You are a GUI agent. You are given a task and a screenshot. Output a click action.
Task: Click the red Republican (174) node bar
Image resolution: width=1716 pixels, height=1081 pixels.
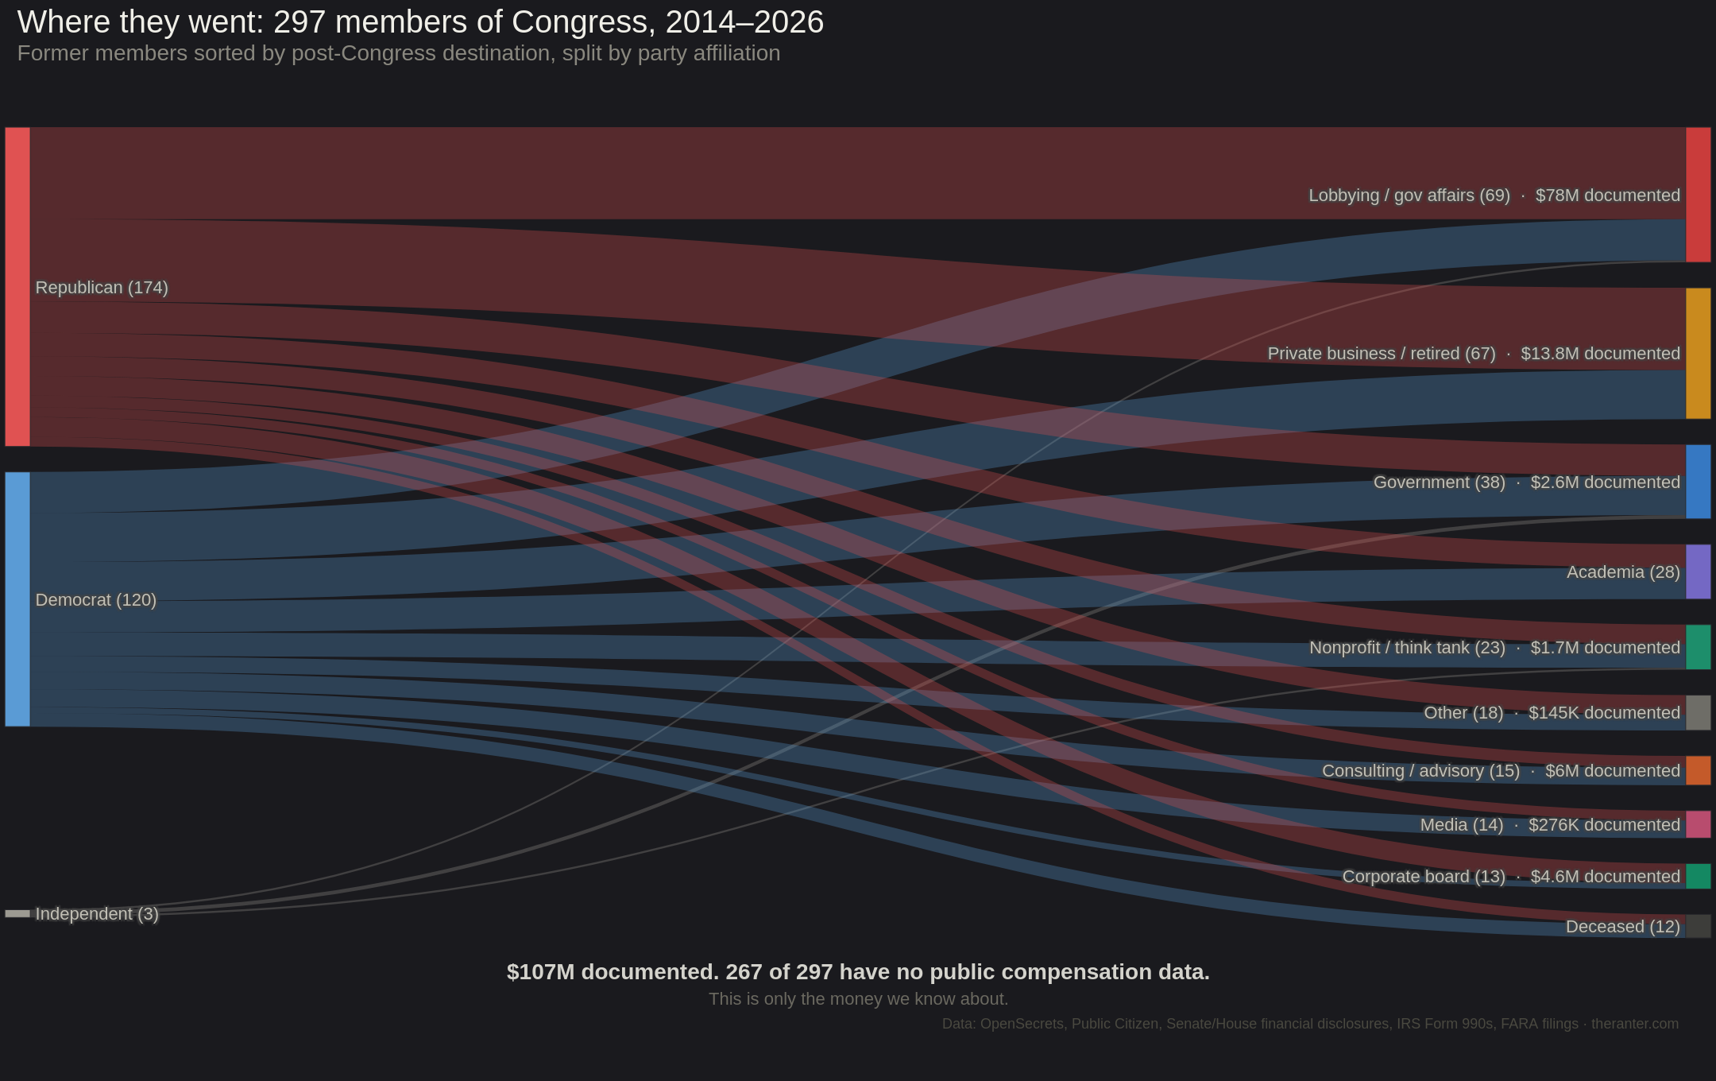click(x=17, y=286)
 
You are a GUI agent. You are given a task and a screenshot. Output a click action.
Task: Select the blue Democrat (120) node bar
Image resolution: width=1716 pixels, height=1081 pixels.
click(x=17, y=599)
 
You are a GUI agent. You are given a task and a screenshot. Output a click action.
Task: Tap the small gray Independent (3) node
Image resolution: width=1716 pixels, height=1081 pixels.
click(x=17, y=913)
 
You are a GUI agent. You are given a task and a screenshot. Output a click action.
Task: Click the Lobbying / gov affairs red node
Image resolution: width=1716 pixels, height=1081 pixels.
click(x=1698, y=195)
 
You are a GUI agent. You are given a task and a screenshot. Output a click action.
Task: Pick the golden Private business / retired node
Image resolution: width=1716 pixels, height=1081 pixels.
click(x=1698, y=353)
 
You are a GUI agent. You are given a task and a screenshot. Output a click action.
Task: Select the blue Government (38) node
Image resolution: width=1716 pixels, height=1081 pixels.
click(x=1698, y=482)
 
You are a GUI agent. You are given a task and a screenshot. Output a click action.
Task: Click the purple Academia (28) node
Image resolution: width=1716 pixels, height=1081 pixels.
click(x=1698, y=571)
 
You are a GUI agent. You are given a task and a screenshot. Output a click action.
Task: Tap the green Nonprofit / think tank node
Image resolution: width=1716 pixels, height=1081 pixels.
click(x=1698, y=647)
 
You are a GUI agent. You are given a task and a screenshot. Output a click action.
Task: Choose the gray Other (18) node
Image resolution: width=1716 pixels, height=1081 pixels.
click(x=1698, y=712)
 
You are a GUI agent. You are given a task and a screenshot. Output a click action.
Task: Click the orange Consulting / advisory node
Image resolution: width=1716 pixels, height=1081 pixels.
click(x=1698, y=770)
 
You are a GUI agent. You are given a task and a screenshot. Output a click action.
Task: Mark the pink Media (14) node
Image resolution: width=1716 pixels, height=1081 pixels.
click(x=1698, y=824)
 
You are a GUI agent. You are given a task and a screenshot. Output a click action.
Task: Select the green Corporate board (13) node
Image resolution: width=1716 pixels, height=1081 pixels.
click(x=1698, y=876)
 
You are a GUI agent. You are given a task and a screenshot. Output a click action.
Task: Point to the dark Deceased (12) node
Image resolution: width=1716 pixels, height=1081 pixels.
click(x=1698, y=926)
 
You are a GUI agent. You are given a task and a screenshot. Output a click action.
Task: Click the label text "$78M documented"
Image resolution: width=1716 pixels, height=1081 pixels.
click(x=1607, y=196)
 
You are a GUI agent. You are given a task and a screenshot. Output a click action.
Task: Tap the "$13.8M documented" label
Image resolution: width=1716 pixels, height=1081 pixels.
click(x=1600, y=354)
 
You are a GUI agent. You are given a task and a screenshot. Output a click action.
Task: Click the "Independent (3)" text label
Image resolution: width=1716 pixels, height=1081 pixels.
click(x=97, y=914)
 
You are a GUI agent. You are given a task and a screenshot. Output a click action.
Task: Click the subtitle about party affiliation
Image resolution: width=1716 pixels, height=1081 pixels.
click(x=398, y=53)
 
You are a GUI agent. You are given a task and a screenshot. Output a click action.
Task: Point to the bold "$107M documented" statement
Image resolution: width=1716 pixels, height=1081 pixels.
click(x=858, y=972)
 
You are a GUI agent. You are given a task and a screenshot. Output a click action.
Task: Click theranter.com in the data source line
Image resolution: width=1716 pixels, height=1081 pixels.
click(x=1634, y=1024)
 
